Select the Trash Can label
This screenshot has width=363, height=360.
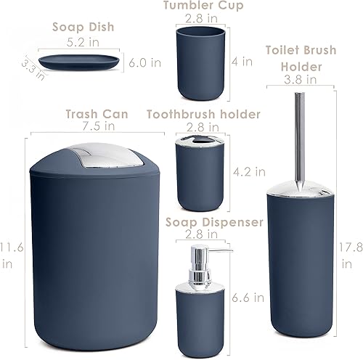click(97, 114)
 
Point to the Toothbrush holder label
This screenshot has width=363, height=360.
click(203, 114)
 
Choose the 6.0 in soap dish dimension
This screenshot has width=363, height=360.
click(145, 62)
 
